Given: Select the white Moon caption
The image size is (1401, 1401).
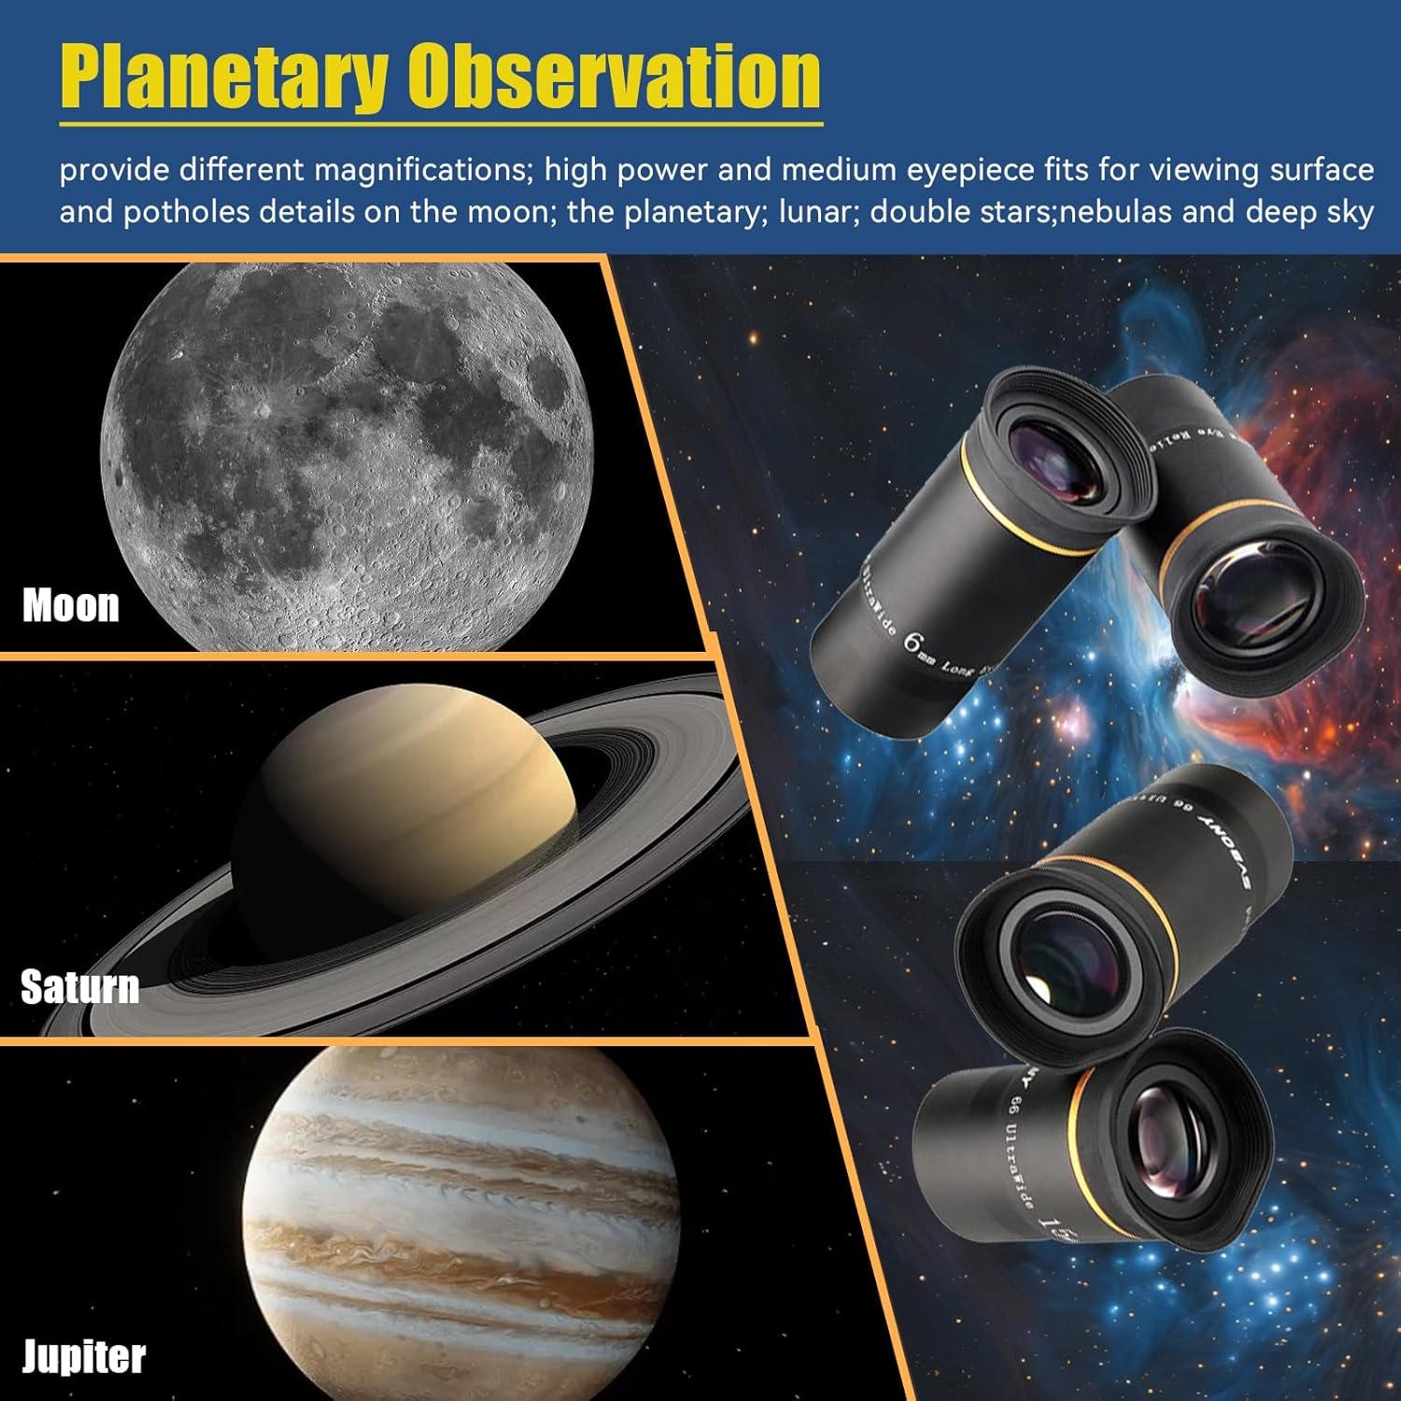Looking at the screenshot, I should pyautogui.click(x=71, y=605).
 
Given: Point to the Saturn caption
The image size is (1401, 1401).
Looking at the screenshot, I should pyautogui.click(x=80, y=986).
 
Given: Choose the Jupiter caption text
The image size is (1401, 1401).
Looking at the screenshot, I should pyautogui.click(x=84, y=1356).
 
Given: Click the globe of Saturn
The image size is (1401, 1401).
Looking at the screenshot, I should pyautogui.click(x=411, y=822).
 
